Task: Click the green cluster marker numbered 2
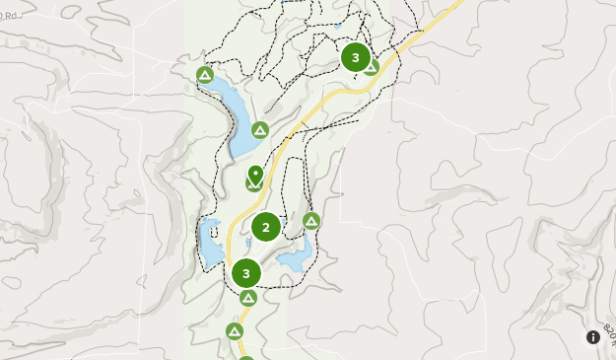pyautogui.click(x=266, y=227)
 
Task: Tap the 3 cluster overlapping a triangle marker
pyautogui.click(x=355, y=57)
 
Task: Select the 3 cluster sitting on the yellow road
pyautogui.click(x=245, y=273)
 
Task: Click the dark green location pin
pyautogui.click(x=255, y=176)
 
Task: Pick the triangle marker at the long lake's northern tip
pyautogui.click(x=205, y=75)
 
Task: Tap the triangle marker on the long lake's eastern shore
pyautogui.click(x=260, y=130)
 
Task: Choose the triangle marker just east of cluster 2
pyautogui.click(x=311, y=221)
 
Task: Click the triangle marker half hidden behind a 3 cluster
pyautogui.click(x=372, y=68)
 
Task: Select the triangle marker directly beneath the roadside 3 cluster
pyautogui.click(x=248, y=297)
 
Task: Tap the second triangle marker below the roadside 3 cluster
pyautogui.click(x=235, y=331)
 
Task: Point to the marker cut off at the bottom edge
pyautogui.click(x=246, y=357)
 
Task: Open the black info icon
pyautogui.click(x=593, y=337)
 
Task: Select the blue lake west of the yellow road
pyautogui.click(x=210, y=244)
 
